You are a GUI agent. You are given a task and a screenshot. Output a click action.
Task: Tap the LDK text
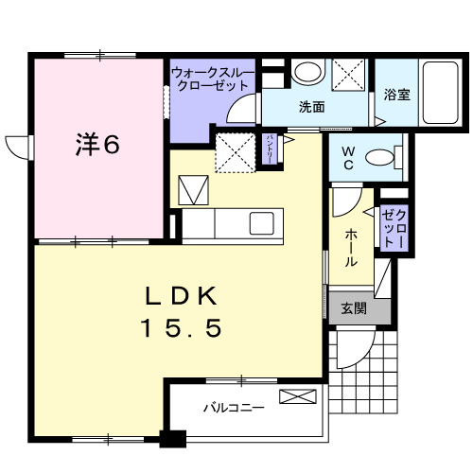(182, 294)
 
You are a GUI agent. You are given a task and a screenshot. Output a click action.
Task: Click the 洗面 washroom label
(313, 107)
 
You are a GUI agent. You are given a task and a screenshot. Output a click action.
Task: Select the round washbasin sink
(306, 73)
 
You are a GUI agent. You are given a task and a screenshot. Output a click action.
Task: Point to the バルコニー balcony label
(233, 410)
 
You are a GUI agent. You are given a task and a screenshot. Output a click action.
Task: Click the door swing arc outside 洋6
(19, 149)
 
